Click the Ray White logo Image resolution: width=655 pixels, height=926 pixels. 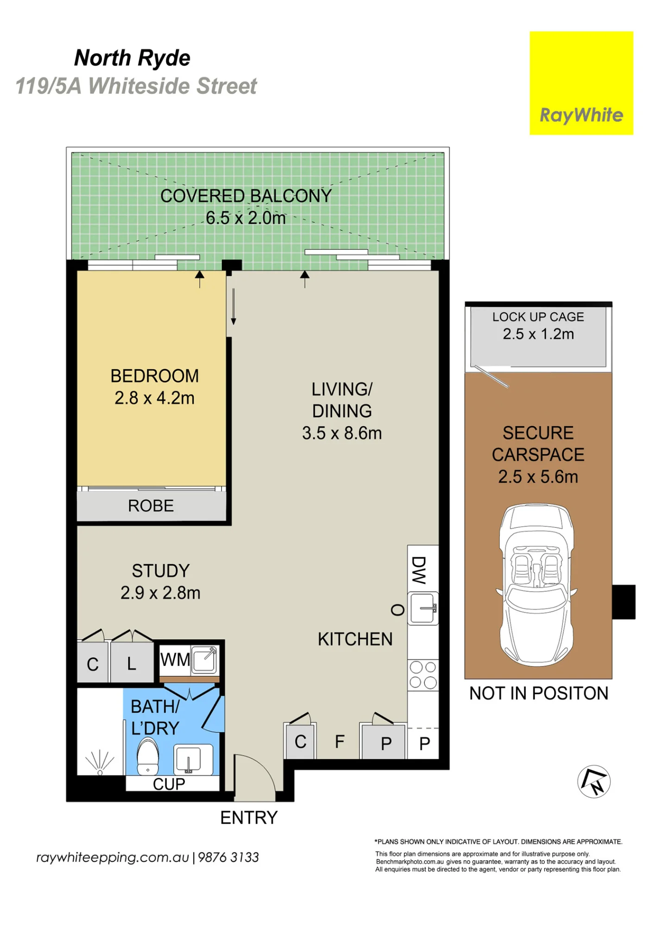581,83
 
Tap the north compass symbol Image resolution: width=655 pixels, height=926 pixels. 594,782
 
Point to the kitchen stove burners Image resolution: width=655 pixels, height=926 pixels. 423,675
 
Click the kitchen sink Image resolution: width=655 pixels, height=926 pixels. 423,608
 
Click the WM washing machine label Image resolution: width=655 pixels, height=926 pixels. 175,659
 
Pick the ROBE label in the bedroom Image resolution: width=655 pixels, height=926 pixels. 151,506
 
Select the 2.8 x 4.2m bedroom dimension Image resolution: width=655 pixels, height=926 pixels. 155,398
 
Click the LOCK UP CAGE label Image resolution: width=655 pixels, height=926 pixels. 538,317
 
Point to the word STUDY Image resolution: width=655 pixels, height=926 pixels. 161,570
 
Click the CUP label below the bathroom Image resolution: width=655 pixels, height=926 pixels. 169,784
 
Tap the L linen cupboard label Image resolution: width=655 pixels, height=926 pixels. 132,664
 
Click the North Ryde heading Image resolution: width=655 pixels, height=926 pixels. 132,58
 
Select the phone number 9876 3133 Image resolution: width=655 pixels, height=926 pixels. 228,857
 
